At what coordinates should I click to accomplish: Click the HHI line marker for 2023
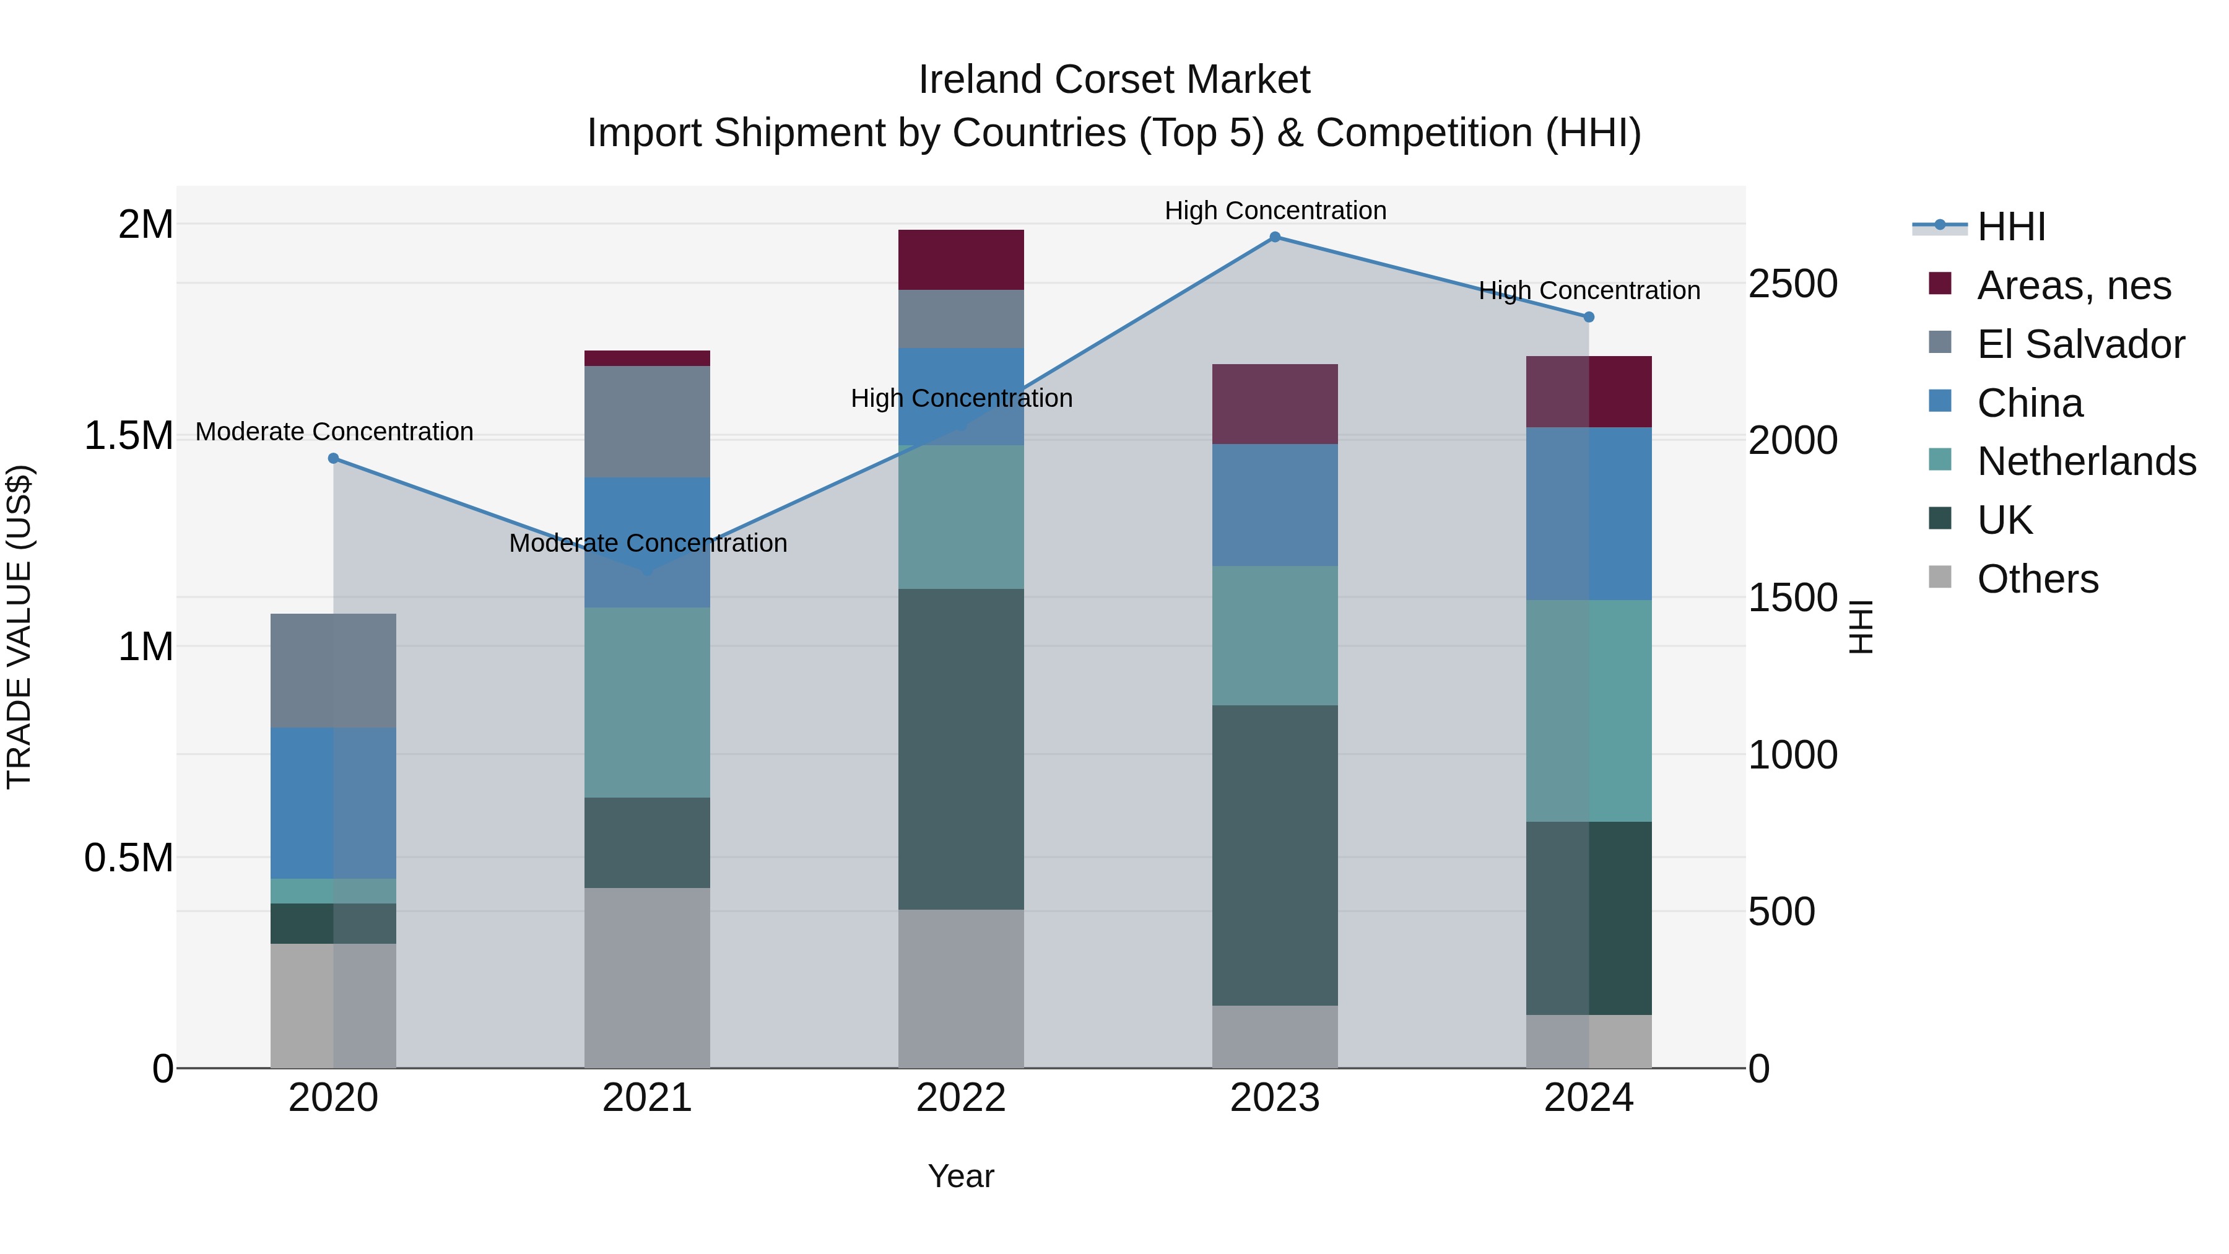point(1275,237)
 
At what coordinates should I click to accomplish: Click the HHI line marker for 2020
point(333,459)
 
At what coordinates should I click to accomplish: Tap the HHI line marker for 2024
point(1589,318)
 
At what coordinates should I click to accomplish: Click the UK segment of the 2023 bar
point(1275,855)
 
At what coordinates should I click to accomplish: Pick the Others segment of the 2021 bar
point(647,978)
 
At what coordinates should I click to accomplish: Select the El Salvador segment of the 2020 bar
point(333,671)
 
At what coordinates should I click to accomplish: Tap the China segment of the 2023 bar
point(1275,505)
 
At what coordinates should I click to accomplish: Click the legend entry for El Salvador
point(2080,344)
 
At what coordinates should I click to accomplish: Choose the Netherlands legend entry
point(2085,461)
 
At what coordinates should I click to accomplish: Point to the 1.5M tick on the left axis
point(129,435)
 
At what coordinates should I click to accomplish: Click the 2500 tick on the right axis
point(1792,284)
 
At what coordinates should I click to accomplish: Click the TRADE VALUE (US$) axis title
point(19,627)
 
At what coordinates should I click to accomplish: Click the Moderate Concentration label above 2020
point(334,431)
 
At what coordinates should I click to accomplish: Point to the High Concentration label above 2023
point(1275,211)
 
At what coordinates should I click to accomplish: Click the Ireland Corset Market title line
point(1114,80)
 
